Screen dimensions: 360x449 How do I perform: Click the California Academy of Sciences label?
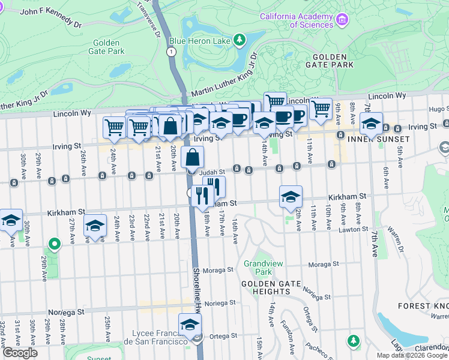tap(297, 20)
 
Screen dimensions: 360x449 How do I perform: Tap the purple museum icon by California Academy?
tap(343, 20)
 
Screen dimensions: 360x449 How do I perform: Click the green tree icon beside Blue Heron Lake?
tap(240, 40)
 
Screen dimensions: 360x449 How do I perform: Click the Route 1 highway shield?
tap(172, 52)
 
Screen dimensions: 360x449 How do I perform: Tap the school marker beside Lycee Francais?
tap(190, 325)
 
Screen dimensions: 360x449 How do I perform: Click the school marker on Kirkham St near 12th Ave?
tap(291, 196)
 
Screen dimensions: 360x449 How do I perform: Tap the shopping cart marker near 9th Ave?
tap(321, 109)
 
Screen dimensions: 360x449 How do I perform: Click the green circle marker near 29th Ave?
tap(54, 244)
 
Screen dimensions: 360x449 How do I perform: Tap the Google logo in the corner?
tap(19, 353)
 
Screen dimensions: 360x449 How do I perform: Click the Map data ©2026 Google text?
tap(411, 355)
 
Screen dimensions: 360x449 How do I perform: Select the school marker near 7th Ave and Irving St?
tap(371, 124)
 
